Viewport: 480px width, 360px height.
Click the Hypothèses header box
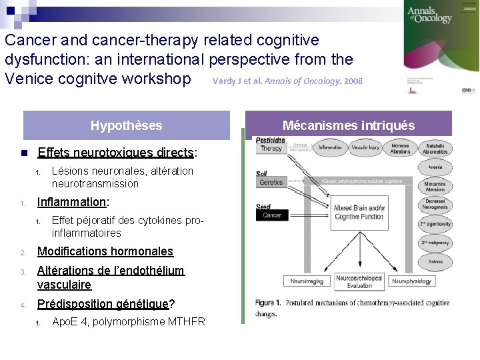126,125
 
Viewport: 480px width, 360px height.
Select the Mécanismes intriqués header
348,125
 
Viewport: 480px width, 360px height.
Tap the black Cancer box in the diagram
272,215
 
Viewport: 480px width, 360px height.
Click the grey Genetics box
271,182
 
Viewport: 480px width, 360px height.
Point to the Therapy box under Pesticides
271,149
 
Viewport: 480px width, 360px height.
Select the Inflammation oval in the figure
330,147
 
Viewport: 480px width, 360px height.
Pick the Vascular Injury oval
365,147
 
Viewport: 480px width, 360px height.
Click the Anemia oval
435,167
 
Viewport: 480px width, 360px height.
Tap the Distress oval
435,262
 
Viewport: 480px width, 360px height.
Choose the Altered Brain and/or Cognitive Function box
359,213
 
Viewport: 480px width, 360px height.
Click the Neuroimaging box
307,281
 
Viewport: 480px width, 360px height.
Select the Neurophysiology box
411,281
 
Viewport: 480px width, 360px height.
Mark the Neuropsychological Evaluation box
359,281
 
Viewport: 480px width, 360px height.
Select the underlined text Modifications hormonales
105,251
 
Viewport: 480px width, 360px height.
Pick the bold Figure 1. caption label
268,303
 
